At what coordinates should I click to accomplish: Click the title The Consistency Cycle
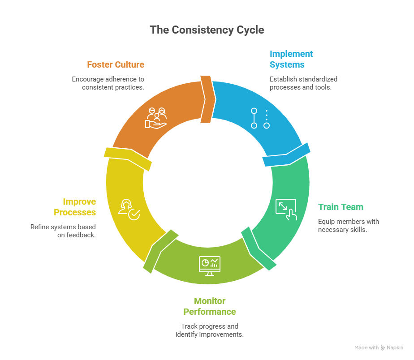point(207,30)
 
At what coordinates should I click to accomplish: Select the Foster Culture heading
point(116,64)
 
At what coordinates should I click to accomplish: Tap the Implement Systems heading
point(291,59)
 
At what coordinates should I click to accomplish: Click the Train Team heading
point(341,207)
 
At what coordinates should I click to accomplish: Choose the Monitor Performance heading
point(210,306)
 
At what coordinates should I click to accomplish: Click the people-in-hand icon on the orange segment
point(156,118)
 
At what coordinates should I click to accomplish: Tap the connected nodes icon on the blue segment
point(260,118)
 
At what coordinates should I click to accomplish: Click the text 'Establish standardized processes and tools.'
point(303,83)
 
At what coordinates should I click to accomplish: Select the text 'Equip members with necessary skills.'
point(348,226)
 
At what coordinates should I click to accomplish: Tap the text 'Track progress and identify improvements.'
point(210,330)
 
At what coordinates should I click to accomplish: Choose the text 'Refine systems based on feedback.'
point(63,231)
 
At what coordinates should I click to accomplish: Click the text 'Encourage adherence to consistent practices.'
point(108,83)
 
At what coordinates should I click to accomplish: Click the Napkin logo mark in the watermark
point(383,348)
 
